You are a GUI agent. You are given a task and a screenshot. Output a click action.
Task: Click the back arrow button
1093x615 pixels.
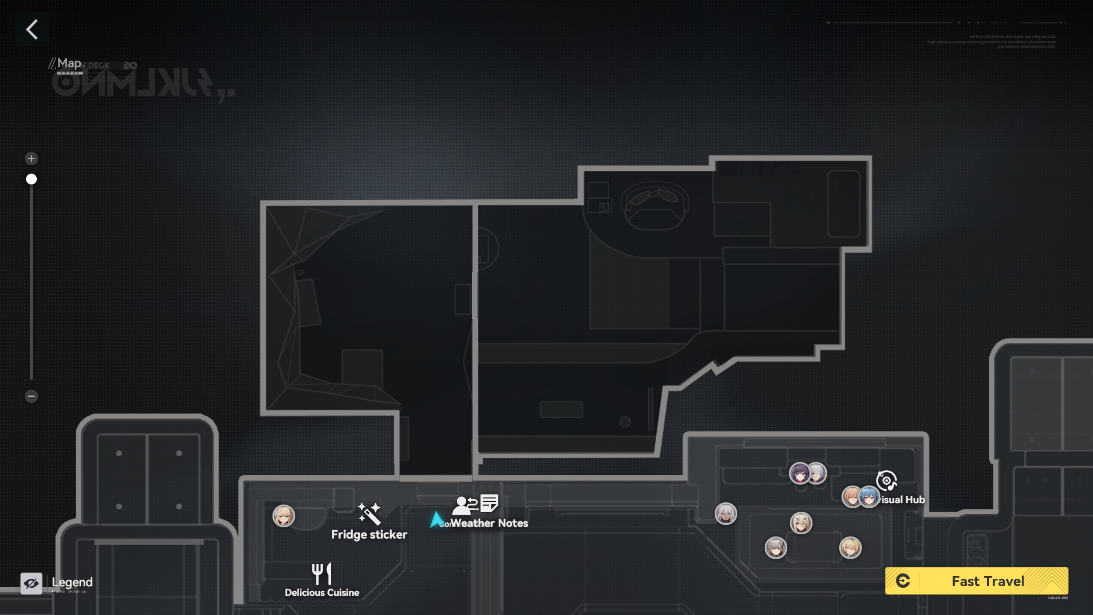[x=32, y=29]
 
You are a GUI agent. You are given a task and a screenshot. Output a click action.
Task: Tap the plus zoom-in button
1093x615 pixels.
[x=31, y=159]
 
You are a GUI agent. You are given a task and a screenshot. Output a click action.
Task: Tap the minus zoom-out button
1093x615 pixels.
[x=31, y=396]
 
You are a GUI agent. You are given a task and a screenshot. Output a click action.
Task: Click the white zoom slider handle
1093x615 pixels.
[x=31, y=179]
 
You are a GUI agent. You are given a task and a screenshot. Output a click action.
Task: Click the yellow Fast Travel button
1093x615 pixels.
[x=976, y=581]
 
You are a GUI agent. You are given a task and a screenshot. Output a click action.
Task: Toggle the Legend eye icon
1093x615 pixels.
[x=31, y=583]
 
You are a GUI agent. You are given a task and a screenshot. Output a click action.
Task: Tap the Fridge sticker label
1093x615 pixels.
[x=369, y=535]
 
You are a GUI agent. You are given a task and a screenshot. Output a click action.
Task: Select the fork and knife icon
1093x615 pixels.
[x=321, y=574]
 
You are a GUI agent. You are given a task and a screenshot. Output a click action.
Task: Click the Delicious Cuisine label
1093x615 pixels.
[x=322, y=593]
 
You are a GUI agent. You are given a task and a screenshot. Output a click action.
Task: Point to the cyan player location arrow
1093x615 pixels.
[x=435, y=519]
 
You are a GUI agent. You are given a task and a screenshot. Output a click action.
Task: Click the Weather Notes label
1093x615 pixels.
[x=489, y=523]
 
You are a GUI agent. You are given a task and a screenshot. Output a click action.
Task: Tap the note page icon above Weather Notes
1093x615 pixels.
[x=489, y=503]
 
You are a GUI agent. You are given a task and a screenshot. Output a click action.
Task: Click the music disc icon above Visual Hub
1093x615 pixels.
[x=886, y=481]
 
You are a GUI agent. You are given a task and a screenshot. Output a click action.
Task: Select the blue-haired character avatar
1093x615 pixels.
[x=869, y=497]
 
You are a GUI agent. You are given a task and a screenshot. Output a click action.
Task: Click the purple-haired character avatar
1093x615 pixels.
[x=799, y=473]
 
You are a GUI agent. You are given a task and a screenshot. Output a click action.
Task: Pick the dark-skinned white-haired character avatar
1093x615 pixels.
[x=726, y=514]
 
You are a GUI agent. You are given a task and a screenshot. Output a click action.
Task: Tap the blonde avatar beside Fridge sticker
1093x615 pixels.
[x=283, y=516]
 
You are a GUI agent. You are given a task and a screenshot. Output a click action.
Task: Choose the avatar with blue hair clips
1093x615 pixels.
[x=801, y=523]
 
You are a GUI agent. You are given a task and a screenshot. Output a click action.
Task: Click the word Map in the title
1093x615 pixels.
[x=69, y=64]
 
